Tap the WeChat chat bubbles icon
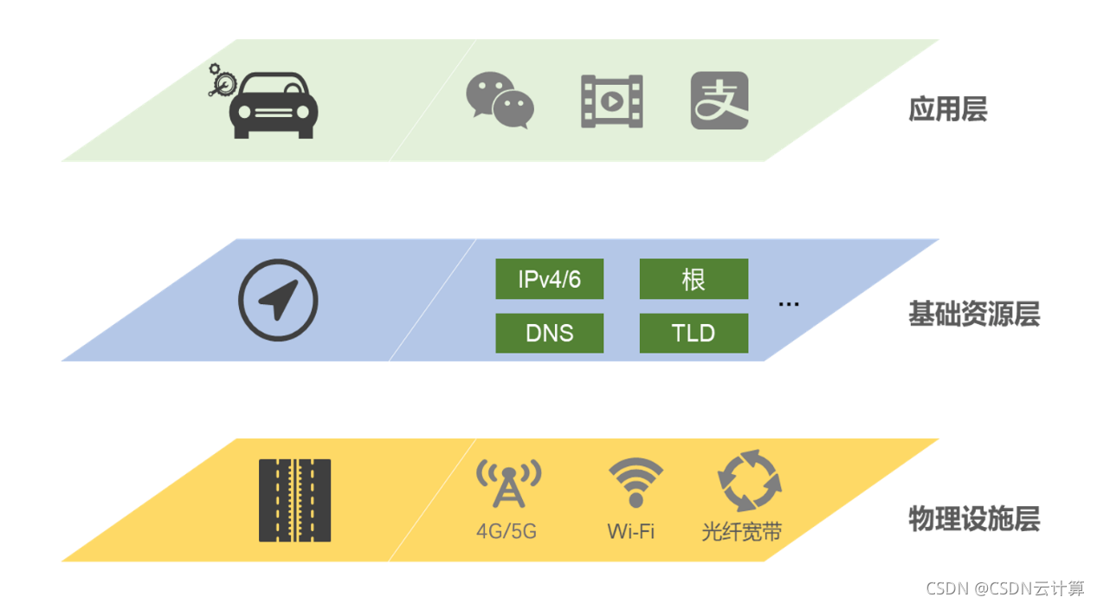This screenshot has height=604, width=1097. coord(500,101)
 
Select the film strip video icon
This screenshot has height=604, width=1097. coord(611,101)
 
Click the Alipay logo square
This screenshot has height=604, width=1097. coord(720,101)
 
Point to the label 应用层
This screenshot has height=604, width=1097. coord(947,109)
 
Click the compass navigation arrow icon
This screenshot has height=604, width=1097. coord(278,301)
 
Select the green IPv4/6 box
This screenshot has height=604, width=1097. coord(549,280)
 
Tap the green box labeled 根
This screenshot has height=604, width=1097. coord(694,280)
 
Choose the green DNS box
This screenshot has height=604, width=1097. coord(549,333)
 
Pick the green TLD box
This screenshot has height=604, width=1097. coord(694,333)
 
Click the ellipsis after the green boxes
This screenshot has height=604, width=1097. coord(788,304)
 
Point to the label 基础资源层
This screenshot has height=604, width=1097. coord(973,314)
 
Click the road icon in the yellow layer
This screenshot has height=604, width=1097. coord(294,500)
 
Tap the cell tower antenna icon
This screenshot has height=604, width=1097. coord(508,484)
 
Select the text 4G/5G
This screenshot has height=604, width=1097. coord(507,531)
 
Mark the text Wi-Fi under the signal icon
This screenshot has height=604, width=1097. coord(630,531)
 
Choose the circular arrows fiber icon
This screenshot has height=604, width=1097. coord(749,481)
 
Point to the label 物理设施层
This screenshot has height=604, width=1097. coord(973,519)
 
